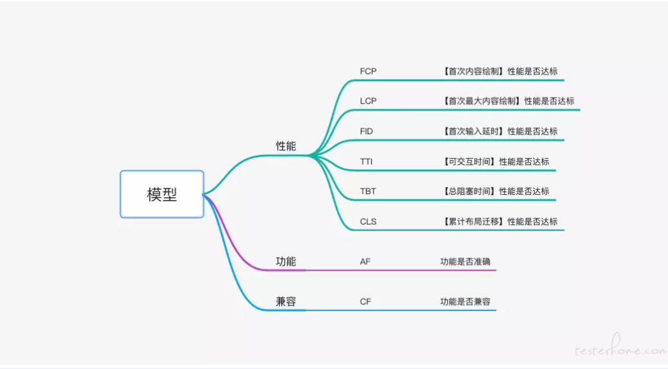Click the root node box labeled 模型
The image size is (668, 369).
point(162,194)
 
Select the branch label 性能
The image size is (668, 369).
point(286,146)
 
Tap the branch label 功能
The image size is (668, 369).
point(286,262)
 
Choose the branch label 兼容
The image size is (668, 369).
point(286,301)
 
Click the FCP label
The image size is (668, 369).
point(368,71)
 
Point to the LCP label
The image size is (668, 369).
point(368,101)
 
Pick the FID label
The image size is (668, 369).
point(366,131)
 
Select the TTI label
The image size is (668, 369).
point(366,161)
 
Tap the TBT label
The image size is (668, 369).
point(368,192)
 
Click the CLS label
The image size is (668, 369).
point(368,222)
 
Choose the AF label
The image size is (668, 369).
point(365,262)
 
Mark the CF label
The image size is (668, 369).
point(365,301)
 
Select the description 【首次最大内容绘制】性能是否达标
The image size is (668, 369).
point(508,101)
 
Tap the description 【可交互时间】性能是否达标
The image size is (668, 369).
point(495,161)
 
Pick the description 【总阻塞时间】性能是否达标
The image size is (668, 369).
point(495,192)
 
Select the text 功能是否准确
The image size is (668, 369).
point(465,262)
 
